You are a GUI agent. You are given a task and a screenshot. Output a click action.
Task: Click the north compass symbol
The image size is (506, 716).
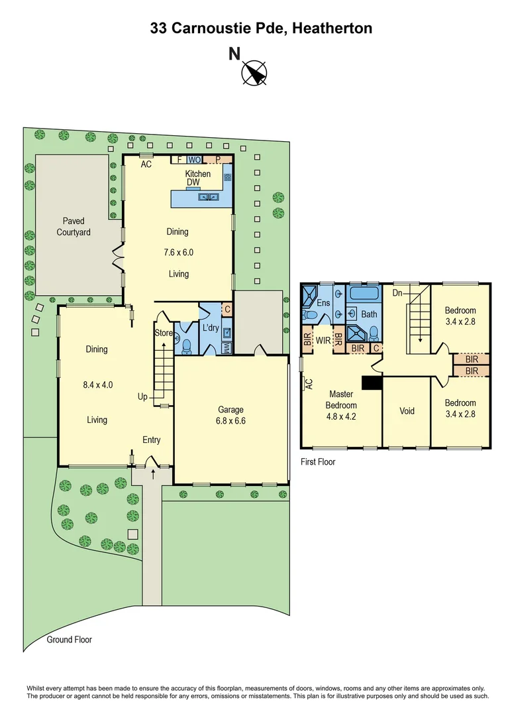(x=254, y=73)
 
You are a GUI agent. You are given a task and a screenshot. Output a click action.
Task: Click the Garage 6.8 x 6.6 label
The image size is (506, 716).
(x=231, y=415)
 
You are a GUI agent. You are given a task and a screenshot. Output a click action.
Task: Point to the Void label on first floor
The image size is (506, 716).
(x=407, y=411)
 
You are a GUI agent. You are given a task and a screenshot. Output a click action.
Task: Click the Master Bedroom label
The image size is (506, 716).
(x=341, y=400)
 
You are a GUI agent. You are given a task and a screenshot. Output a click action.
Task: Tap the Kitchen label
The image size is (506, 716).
(x=197, y=174)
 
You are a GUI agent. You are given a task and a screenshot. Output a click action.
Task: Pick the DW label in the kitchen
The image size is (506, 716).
(x=193, y=182)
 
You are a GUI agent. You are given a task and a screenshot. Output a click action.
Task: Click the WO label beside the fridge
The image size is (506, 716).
(x=194, y=160)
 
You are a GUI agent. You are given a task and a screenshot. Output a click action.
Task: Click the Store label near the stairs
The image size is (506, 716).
(x=164, y=333)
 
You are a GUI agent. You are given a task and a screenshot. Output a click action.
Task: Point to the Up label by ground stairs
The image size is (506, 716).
(x=142, y=396)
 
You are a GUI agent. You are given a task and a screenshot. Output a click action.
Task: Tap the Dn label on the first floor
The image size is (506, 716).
(x=397, y=292)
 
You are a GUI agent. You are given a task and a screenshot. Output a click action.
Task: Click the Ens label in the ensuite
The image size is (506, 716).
(x=323, y=303)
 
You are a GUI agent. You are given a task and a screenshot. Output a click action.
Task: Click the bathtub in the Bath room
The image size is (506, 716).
(x=363, y=294)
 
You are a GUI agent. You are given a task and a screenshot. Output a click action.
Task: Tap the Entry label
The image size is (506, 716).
(x=151, y=440)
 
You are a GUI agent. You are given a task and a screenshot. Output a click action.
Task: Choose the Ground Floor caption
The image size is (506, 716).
(x=69, y=640)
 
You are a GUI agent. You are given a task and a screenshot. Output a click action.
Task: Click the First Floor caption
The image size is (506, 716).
(x=318, y=462)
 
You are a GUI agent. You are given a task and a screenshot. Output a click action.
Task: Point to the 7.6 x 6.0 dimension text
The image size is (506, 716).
(x=178, y=253)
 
